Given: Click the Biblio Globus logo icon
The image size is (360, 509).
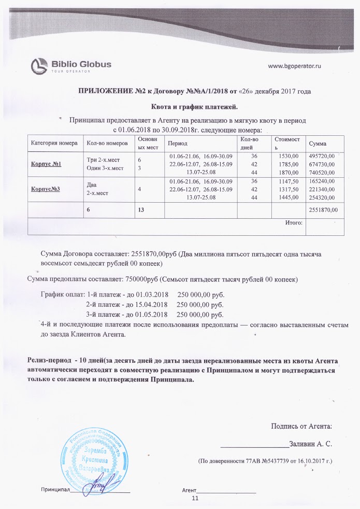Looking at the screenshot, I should [39, 66].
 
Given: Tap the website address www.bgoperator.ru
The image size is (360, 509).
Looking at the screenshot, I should [294, 66].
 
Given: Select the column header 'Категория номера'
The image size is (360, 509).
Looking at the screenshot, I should [54, 143].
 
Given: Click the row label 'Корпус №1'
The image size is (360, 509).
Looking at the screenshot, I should [46, 164].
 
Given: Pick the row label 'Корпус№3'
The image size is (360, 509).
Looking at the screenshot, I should [46, 189].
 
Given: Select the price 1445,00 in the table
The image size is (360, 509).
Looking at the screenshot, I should [289, 197].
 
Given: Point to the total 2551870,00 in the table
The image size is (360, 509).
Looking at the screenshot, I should [323, 210].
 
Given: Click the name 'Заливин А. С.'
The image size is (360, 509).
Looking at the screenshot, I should [310, 444].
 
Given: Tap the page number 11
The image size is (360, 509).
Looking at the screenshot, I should [195, 499].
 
